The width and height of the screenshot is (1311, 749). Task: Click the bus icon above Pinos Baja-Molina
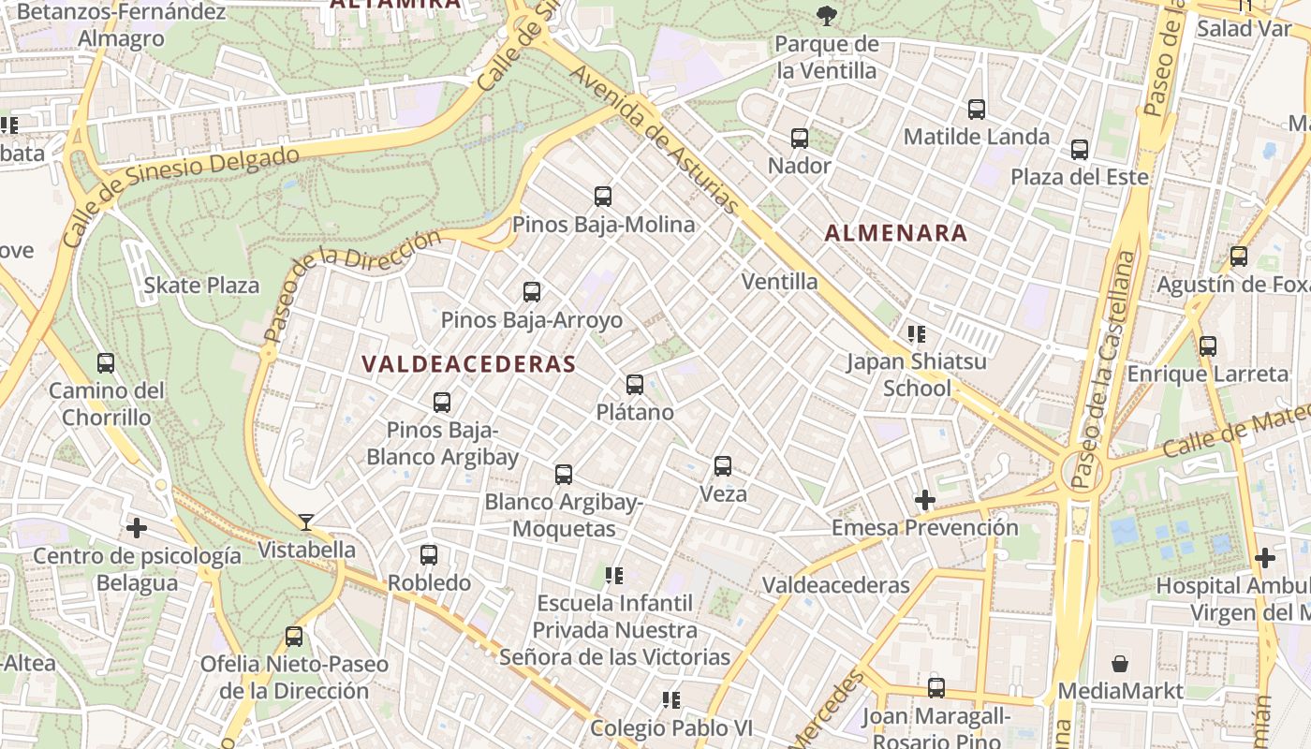pos(603,197)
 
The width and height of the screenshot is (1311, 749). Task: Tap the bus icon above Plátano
pos(635,384)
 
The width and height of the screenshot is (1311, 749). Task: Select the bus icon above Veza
pos(723,465)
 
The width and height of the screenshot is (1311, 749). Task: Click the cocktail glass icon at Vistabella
pos(306,522)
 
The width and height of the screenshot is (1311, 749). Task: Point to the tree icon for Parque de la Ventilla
pos(826,15)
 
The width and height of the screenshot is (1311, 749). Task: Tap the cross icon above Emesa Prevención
pos(925,500)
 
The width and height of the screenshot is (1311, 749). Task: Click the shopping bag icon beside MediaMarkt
pos(1120,664)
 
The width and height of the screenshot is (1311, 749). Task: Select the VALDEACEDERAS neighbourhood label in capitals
pos(468,364)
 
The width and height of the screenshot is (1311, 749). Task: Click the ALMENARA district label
pos(896,234)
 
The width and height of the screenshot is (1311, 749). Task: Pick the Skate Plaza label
pos(201,286)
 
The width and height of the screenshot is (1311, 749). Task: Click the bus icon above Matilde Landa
pos(977,110)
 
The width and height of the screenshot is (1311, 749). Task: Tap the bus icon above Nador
pos(800,139)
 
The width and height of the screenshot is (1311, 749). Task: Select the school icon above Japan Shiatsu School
pos(917,333)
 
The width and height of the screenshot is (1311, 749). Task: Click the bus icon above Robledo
pos(429,555)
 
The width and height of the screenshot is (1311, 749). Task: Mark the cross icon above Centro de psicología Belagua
pos(137,528)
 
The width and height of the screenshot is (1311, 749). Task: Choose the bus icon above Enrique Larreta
pos(1208,346)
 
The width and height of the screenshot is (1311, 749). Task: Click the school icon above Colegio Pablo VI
pos(670,699)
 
